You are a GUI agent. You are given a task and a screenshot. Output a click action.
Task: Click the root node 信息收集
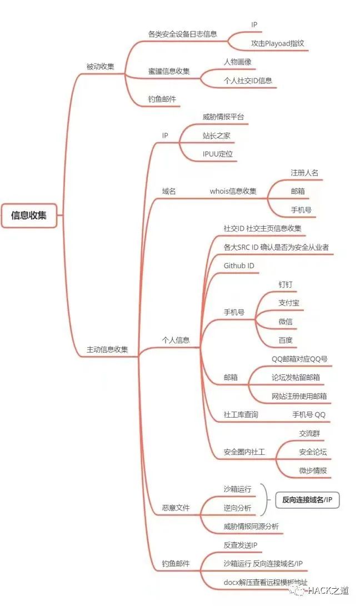[x=29, y=216]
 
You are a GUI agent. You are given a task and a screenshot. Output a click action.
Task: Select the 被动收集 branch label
[x=100, y=67]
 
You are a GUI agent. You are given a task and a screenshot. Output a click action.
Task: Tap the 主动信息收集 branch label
[x=107, y=349]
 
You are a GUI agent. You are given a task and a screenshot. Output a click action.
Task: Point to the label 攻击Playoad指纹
[x=277, y=44]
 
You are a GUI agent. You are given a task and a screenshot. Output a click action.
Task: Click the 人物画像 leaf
[x=237, y=62]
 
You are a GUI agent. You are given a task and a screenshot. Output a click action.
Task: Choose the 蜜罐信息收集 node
[x=168, y=71]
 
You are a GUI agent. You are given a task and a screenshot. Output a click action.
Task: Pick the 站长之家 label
[x=216, y=136]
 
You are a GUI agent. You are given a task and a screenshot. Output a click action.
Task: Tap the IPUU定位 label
[x=217, y=154]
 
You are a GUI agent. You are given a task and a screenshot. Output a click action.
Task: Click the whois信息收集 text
[x=233, y=191]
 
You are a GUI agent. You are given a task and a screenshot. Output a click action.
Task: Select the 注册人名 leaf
[x=304, y=173]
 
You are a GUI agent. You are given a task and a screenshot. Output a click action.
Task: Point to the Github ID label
[x=238, y=266]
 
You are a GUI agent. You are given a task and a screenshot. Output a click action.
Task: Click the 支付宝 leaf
[x=289, y=303]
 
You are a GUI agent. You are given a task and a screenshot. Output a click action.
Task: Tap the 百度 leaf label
[x=286, y=340]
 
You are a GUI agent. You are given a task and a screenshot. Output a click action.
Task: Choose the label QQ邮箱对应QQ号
[x=299, y=359]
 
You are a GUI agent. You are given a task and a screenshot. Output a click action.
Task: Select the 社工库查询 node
[x=241, y=415]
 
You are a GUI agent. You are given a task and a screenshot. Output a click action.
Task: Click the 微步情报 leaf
[x=313, y=470]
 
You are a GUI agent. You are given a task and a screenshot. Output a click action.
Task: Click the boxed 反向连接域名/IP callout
[x=307, y=500]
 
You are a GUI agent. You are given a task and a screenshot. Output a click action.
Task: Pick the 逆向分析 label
[x=237, y=508]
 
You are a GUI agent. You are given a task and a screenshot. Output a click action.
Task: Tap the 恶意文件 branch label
[x=176, y=508]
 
